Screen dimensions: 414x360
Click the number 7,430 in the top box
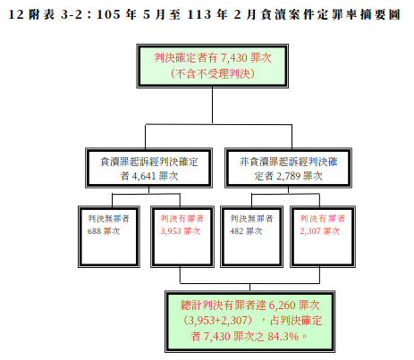coord(233,58)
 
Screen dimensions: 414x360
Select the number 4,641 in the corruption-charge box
coord(144,176)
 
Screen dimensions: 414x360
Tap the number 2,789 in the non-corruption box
coord(288,176)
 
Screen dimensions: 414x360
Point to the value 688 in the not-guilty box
coord(94,231)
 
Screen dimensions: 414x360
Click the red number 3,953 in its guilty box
coord(172,231)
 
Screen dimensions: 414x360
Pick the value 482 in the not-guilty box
coord(237,231)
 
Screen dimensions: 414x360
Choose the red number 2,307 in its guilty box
coord(310,231)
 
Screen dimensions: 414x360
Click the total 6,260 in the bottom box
coord(282,306)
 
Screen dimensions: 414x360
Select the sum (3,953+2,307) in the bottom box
coord(218,321)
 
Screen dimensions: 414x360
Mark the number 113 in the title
coord(199,14)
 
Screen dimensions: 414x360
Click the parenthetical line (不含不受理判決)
coord(213,73)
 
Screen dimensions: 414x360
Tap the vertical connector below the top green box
coord(213,105)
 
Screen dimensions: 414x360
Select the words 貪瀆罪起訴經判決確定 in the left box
coord(149,162)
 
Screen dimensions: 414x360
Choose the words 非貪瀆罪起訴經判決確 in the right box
coord(289,162)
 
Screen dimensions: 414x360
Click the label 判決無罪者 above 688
coord(109,219)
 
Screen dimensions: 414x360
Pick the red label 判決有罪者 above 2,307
coord(323,219)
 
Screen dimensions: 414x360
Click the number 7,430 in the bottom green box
coord(216,337)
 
